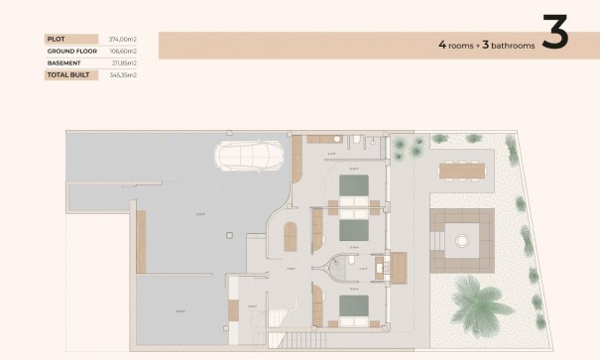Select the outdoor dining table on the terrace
point(465,171)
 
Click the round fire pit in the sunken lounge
point(461,239)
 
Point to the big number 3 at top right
point(555,33)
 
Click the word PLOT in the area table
point(56,39)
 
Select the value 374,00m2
point(124,39)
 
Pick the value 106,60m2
point(124,51)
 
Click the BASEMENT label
point(62,62)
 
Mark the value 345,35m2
point(124,74)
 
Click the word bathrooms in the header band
point(507,46)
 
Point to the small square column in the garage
point(229,236)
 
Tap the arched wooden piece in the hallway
point(290,237)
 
